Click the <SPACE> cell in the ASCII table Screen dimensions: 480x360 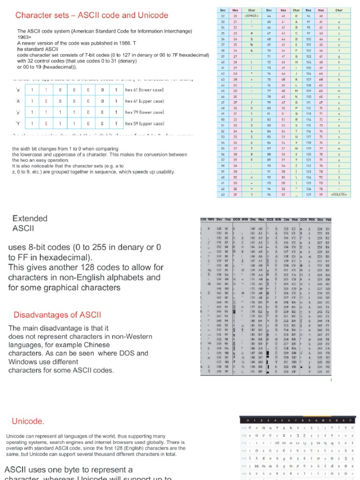252,15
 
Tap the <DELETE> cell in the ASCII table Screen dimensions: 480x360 338,195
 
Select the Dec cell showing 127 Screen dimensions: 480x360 309,195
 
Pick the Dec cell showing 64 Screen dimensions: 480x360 269,15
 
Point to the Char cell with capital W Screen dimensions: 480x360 296,149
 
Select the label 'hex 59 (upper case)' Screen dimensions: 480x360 144,123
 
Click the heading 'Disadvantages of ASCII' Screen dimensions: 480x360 57,315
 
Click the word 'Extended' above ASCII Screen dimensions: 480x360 30,218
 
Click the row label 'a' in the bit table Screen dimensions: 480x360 18,89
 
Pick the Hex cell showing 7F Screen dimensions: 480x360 321,195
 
